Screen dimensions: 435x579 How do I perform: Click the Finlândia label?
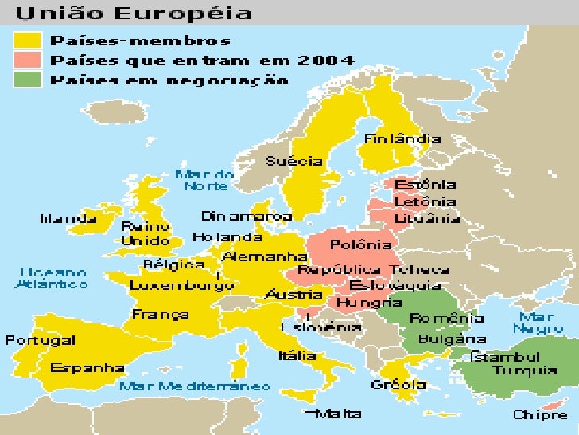[402, 139]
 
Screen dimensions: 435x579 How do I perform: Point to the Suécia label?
[294, 161]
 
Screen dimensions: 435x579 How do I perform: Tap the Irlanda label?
[68, 218]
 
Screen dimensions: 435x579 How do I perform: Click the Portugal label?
[41, 340]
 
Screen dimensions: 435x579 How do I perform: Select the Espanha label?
[87, 368]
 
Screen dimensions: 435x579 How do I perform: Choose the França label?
[161, 314]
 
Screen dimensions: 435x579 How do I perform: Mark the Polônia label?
[361, 245]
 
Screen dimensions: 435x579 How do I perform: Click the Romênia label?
[446, 319]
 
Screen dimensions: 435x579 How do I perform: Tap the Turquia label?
[525, 370]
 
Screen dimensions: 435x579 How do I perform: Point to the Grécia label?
[398, 384]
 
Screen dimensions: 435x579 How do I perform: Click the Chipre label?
[541, 415]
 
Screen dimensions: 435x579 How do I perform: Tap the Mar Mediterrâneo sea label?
[195, 386]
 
